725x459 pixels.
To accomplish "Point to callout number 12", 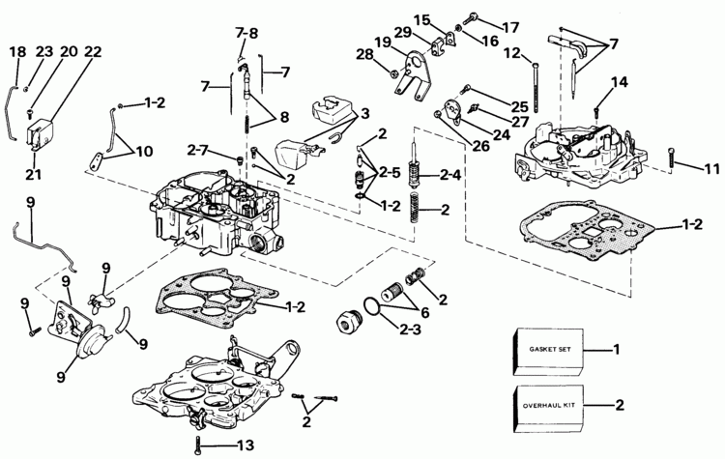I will point(512,52).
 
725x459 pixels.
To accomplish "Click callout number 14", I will point(619,83).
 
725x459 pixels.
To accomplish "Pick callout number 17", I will point(509,26).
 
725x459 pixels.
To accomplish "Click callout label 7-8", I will point(246,33).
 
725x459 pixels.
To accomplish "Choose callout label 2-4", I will point(449,176).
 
